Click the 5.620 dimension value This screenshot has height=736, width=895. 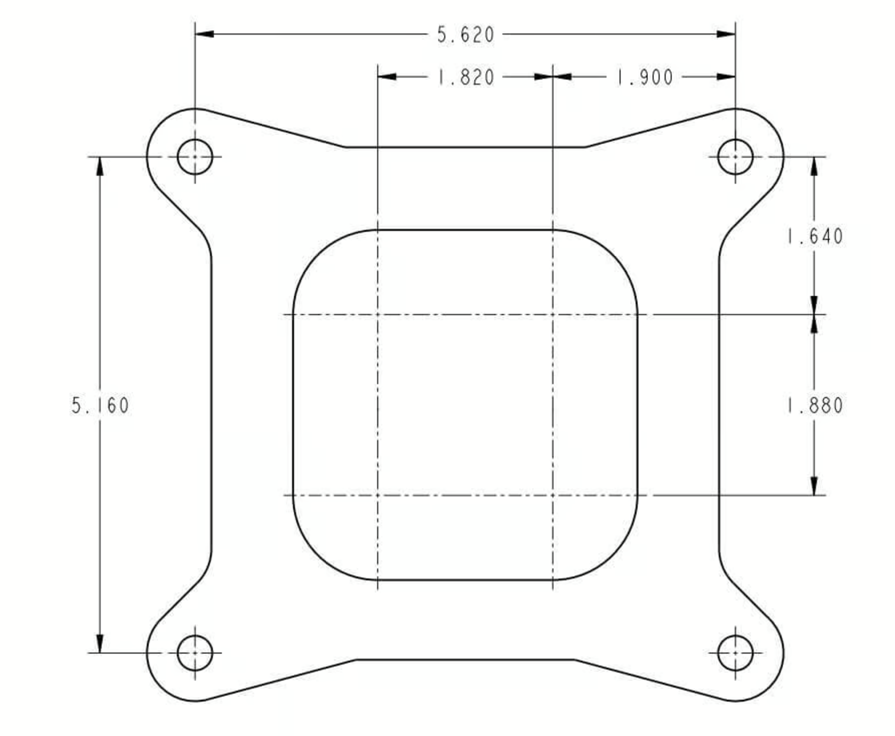(x=466, y=34)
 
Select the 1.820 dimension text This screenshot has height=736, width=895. (x=466, y=78)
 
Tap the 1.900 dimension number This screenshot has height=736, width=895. (x=644, y=78)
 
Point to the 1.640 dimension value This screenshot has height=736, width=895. (x=815, y=236)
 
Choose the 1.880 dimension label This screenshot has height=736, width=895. (x=815, y=406)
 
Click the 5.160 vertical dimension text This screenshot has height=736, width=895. (x=100, y=406)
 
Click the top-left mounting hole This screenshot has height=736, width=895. (x=195, y=157)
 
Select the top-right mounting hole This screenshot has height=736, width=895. (x=735, y=157)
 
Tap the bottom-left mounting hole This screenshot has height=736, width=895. (x=195, y=653)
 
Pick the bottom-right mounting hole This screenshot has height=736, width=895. (x=735, y=653)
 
